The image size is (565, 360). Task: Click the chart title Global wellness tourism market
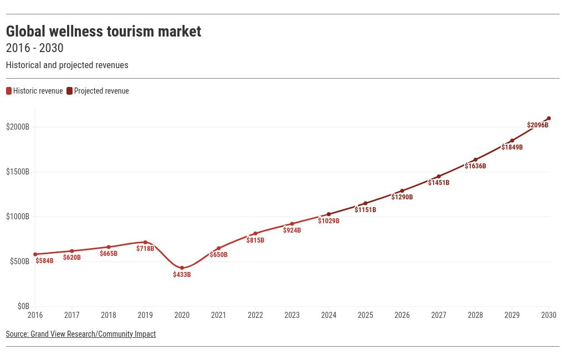tap(104, 32)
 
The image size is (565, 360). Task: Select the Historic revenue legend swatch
tap(9, 91)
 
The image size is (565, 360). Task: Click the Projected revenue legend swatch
tap(70, 91)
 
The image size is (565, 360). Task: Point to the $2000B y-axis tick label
tap(18, 127)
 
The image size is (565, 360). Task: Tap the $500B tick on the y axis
tap(19, 261)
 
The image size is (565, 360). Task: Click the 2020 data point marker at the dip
tap(182, 268)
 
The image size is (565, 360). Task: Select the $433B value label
tap(182, 275)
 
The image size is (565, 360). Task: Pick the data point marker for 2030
tap(549, 118)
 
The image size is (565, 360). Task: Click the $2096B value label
tap(538, 125)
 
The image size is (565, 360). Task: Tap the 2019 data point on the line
tap(145, 242)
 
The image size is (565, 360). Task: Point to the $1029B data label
tap(328, 221)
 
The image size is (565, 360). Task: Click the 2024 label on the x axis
tap(328, 315)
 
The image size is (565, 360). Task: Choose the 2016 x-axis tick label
tap(35, 315)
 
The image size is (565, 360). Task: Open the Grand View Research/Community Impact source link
tap(81, 334)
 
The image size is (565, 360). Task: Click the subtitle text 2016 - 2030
tap(34, 48)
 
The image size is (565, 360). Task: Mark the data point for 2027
tap(439, 177)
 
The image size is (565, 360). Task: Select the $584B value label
tap(44, 261)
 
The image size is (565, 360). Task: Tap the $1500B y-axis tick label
tap(18, 172)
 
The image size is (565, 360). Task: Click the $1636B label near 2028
tap(475, 166)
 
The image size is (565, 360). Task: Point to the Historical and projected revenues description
tap(67, 65)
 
